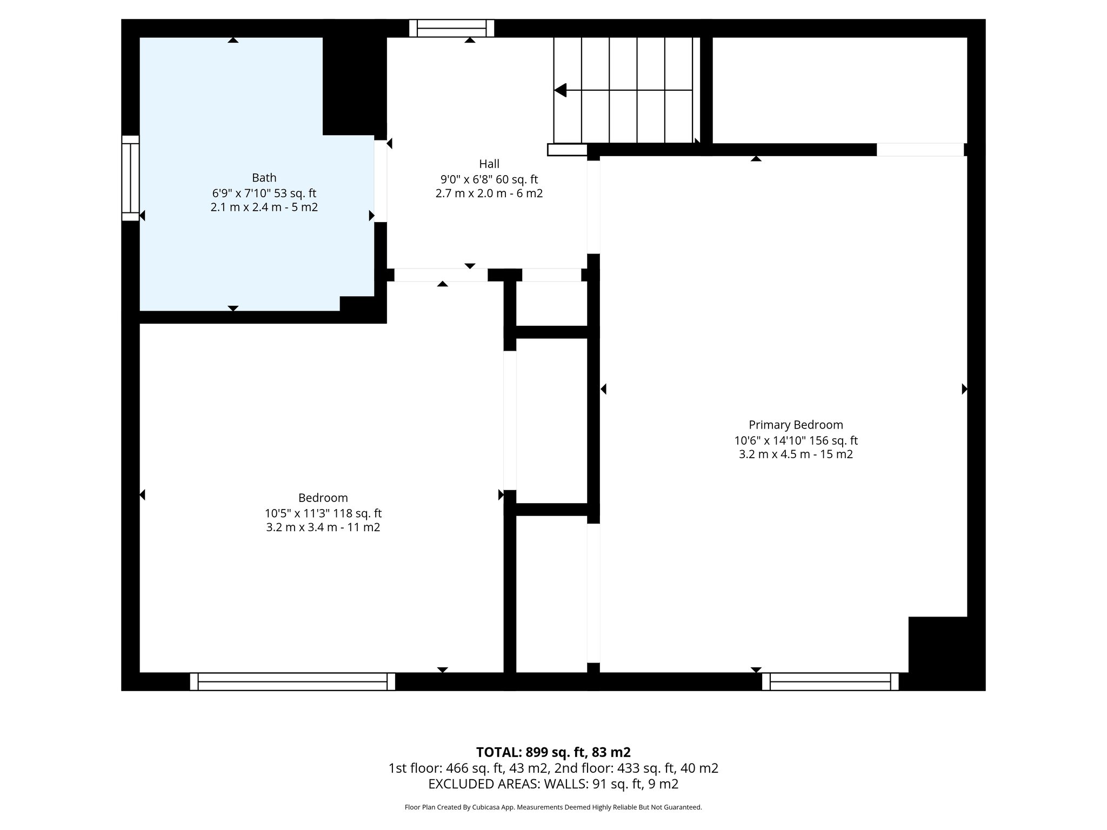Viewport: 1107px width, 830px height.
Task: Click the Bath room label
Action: [x=264, y=178]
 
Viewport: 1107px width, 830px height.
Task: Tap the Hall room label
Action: [x=489, y=164]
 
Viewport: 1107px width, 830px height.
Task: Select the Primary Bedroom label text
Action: [x=795, y=425]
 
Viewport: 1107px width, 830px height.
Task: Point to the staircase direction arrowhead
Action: [x=561, y=90]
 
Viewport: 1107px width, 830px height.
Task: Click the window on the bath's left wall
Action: [x=130, y=178]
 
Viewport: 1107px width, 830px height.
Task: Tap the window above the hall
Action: [x=451, y=28]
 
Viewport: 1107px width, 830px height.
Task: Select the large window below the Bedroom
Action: [x=292, y=681]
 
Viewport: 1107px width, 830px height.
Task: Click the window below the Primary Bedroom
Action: [x=830, y=681]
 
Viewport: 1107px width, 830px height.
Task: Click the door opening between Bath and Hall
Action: [x=381, y=180]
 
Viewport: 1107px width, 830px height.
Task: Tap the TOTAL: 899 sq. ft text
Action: [x=553, y=752]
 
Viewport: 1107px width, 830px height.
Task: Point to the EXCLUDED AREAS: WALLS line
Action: [x=553, y=784]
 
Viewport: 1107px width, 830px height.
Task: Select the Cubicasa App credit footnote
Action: [x=553, y=807]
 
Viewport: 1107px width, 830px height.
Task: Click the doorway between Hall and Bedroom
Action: [x=441, y=275]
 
